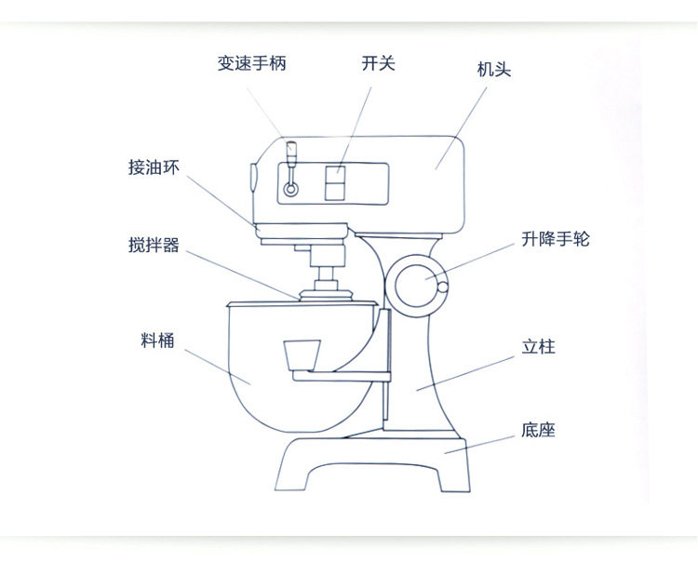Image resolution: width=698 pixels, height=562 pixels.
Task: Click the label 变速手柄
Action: [251, 63]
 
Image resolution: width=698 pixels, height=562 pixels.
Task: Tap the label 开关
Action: [379, 63]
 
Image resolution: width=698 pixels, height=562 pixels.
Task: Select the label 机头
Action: [494, 71]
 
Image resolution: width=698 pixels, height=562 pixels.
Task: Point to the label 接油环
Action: [154, 167]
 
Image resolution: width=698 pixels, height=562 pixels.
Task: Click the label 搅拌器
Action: [154, 246]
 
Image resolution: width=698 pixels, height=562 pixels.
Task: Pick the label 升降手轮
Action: [555, 240]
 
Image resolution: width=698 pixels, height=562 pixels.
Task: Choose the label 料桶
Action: [157, 341]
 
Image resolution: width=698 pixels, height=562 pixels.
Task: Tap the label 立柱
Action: [539, 348]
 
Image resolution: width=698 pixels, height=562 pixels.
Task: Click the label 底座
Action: [539, 431]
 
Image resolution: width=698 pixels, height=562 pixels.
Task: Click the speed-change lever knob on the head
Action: [290, 149]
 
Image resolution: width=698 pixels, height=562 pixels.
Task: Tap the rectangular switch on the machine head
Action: [334, 182]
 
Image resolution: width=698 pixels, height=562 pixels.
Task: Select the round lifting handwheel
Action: [415, 284]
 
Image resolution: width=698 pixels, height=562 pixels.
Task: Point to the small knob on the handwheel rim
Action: [444, 287]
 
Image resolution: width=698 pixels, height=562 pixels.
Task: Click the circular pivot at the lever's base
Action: [291, 190]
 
